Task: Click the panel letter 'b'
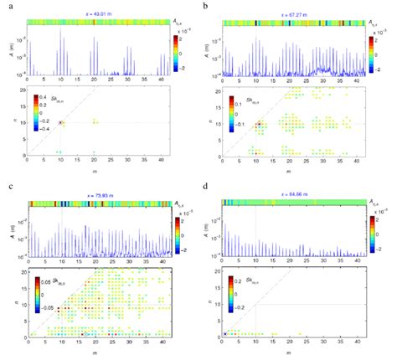[206, 6]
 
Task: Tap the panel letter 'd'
[206, 189]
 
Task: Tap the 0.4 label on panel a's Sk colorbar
[48, 98]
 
